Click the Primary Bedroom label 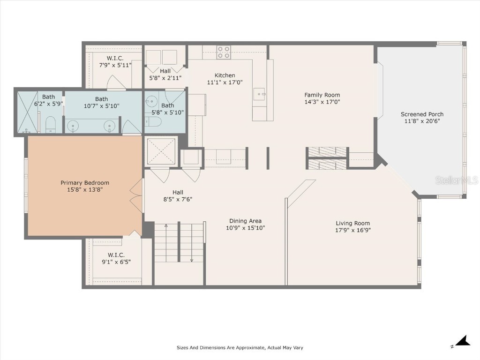click(84, 183)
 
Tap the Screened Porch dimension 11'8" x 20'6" click(422, 121)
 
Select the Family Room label click(322, 95)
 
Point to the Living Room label click(352, 223)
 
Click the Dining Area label click(245, 221)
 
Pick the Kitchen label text click(225, 75)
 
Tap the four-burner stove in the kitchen click(224, 52)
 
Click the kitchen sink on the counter click(259, 94)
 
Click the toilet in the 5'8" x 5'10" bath click(153, 122)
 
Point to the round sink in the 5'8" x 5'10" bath click(151, 101)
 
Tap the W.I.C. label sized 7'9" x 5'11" click(115, 58)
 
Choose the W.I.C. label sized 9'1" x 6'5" click(116, 255)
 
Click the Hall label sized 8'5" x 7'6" click(178, 192)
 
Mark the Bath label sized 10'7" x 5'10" click(101, 99)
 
